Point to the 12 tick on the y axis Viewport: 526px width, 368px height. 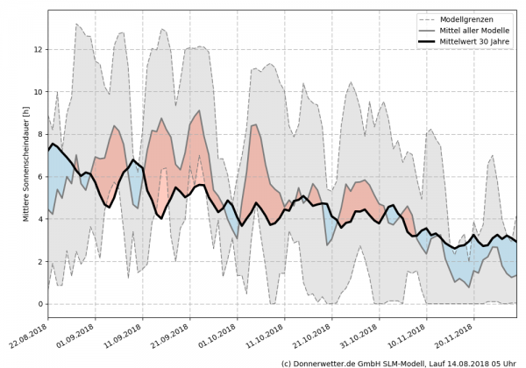38,49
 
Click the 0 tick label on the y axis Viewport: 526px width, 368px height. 39,304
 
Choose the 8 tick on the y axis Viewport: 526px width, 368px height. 39,134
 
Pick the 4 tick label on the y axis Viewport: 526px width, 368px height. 39,219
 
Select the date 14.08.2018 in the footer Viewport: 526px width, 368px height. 464,362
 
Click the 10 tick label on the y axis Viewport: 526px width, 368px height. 38,92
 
